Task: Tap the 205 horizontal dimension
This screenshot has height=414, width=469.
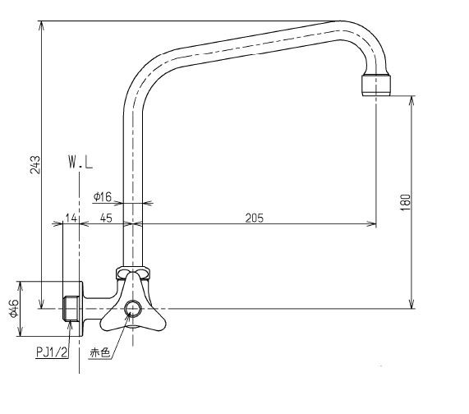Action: coord(253,218)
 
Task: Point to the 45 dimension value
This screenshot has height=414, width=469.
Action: coord(106,218)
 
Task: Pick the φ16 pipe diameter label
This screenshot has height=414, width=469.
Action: coord(103,196)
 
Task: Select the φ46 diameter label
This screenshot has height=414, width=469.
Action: coord(14,308)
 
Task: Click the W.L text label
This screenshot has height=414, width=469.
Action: coord(80,164)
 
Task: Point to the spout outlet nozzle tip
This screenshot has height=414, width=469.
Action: coord(376,85)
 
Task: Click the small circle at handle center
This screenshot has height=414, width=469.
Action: coord(132,309)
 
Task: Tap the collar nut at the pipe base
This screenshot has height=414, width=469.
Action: coord(132,272)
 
